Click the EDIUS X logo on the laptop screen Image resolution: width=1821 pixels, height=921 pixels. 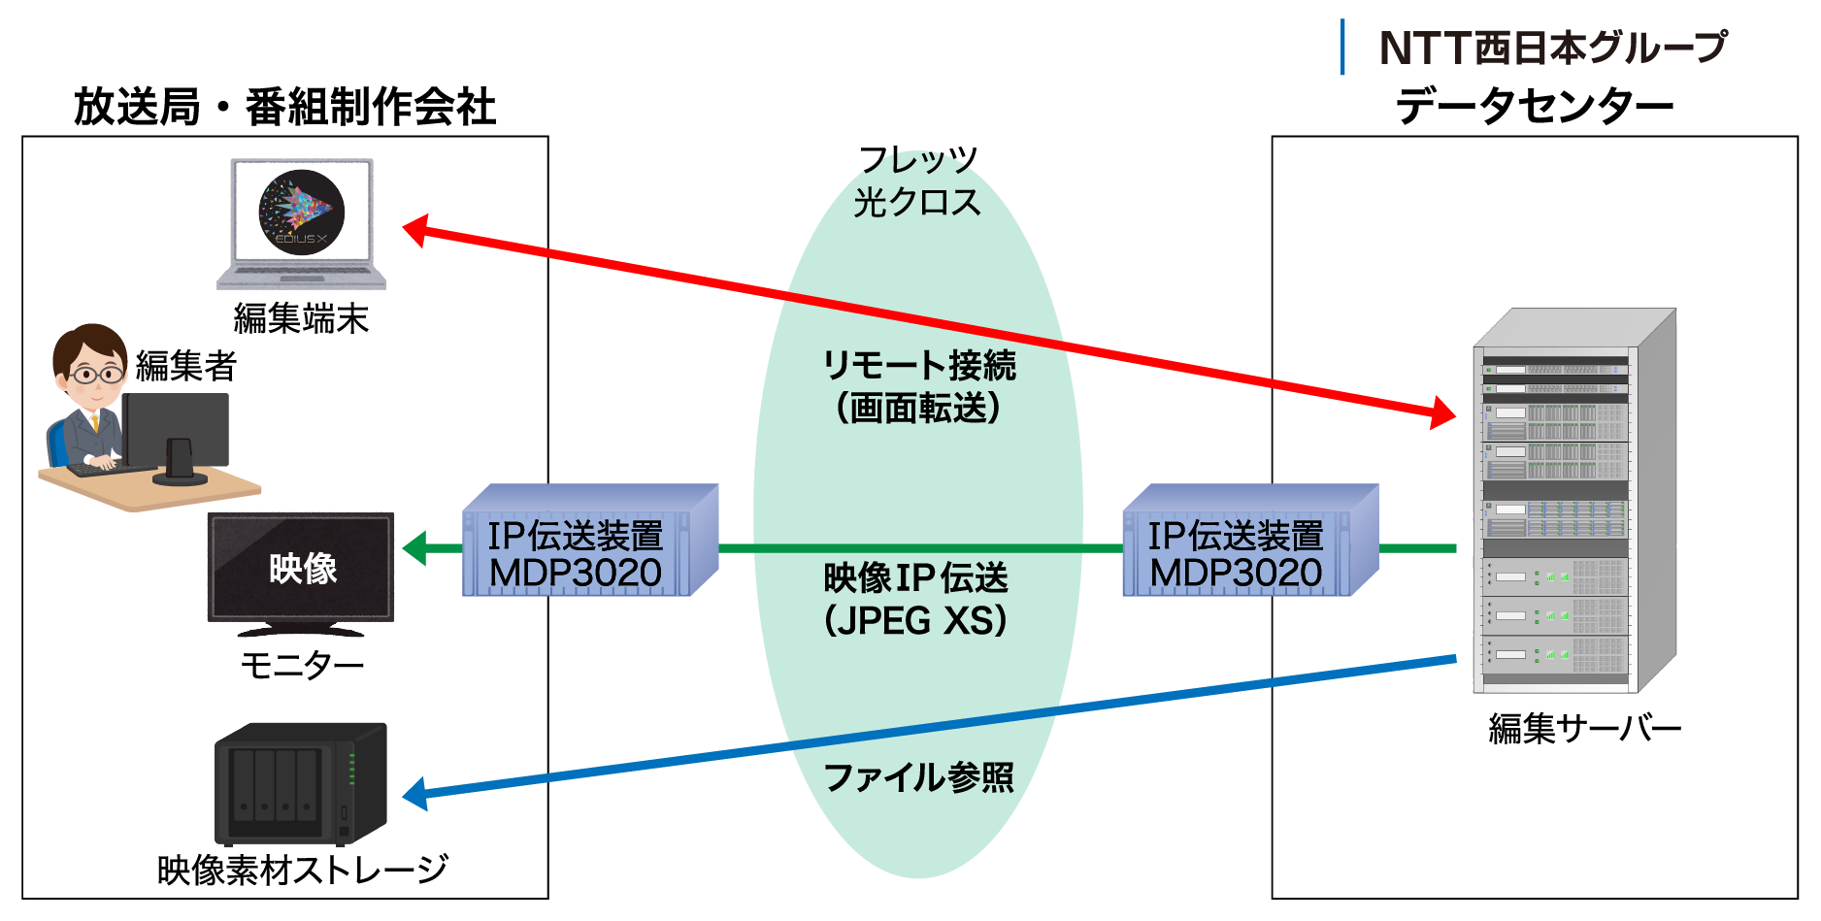tap(301, 213)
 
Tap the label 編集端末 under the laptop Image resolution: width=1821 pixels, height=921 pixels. tap(301, 318)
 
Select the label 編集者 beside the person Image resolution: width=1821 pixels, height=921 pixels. tap(186, 366)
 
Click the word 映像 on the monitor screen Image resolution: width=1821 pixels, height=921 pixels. tap(303, 569)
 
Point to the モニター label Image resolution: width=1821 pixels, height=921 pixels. tap(302, 666)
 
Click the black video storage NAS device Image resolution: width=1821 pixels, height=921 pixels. tap(300, 783)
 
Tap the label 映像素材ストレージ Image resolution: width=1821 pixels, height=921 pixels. tap(303, 870)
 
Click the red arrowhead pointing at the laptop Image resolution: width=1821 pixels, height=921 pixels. tap(415, 230)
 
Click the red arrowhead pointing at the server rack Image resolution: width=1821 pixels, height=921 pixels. tap(1443, 413)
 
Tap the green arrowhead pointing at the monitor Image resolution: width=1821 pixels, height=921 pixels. tap(415, 548)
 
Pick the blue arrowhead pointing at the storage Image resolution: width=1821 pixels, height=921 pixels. tap(415, 794)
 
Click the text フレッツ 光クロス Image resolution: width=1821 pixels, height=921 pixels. tap(917, 181)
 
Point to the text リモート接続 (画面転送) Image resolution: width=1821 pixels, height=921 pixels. tap(918, 386)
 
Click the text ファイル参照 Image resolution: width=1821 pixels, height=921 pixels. tap(918, 777)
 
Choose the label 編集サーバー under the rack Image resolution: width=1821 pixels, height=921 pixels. tap(1584, 728)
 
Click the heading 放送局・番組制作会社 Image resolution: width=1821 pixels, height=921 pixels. tap(285, 107)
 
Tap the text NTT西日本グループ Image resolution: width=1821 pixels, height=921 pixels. tap(1553, 48)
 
